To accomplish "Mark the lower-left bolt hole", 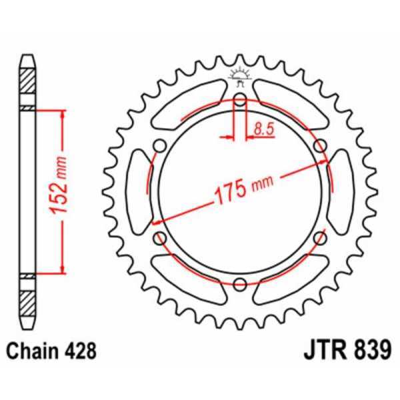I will (160, 237).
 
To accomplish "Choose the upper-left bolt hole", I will (160, 147).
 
